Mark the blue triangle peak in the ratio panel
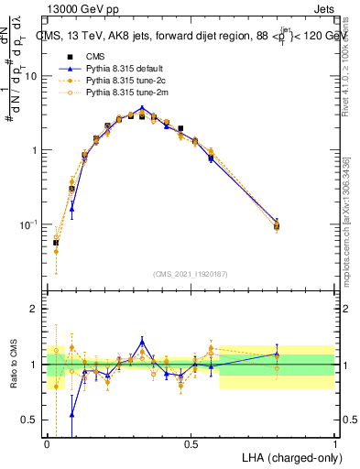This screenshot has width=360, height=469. click(142, 341)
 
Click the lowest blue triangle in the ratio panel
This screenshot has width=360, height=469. click(72, 414)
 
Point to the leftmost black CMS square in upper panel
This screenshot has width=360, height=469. click(56, 243)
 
